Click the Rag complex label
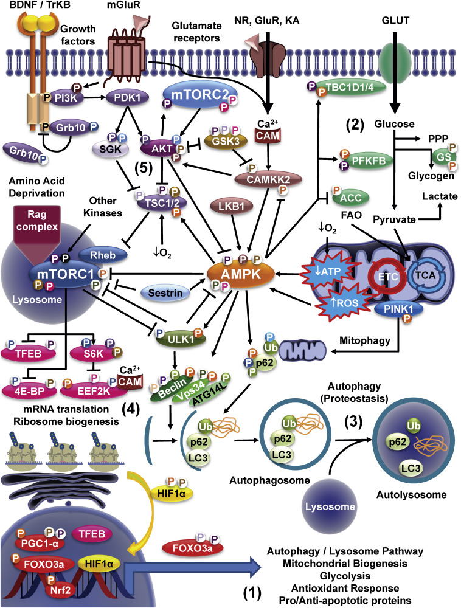click(x=50, y=217)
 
